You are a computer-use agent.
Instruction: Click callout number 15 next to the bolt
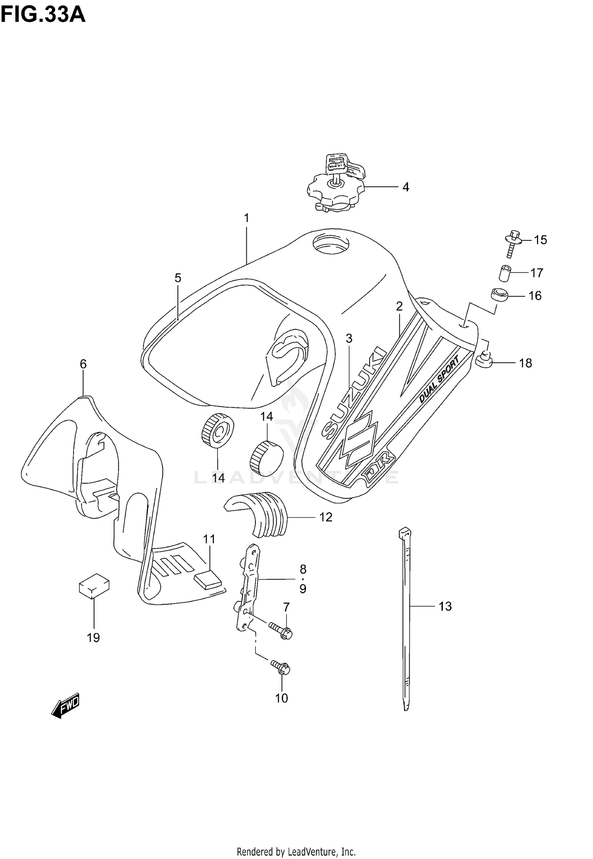pos(540,240)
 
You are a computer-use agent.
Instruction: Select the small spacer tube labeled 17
pos(504,273)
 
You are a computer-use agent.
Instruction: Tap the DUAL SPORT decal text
pos(439,379)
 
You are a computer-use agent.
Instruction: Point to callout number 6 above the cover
pos(83,364)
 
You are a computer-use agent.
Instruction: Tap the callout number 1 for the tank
pos(246,218)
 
